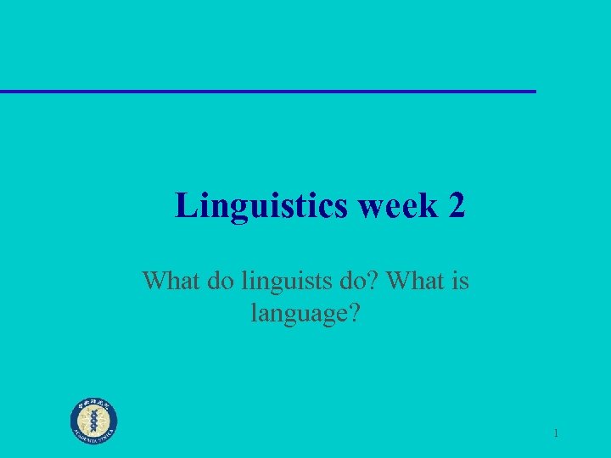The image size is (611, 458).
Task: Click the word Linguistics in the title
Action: [261, 206]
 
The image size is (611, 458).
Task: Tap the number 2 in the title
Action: [455, 206]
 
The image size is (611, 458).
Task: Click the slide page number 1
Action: [555, 433]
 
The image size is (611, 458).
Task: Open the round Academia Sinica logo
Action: [94, 420]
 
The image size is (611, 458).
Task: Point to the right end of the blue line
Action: [535, 91]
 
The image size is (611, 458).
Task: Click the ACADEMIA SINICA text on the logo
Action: [94, 437]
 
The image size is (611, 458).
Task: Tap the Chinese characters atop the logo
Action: [94, 404]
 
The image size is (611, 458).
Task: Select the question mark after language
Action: [354, 316]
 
